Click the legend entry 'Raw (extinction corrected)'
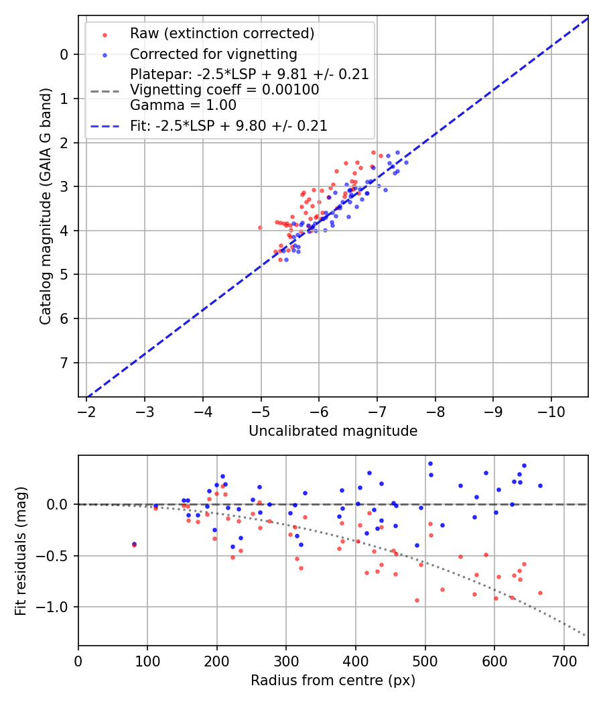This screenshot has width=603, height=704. (x=222, y=34)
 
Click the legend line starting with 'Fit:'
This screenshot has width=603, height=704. (x=228, y=125)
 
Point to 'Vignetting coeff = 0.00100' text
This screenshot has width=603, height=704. (x=224, y=90)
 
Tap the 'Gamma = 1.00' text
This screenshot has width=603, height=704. (x=183, y=105)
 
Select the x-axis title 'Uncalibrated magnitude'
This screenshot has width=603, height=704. (x=333, y=431)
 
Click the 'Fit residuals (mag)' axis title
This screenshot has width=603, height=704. (x=21, y=551)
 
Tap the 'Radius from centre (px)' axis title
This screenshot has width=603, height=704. (x=333, y=681)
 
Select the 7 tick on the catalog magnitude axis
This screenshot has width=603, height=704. (x=64, y=363)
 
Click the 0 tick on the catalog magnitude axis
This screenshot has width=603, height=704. (x=64, y=54)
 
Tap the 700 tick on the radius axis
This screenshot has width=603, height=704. (x=563, y=661)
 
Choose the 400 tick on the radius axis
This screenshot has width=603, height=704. (x=356, y=661)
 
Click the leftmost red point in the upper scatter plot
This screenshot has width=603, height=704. (x=260, y=227)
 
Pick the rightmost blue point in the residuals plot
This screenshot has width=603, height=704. (x=540, y=485)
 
